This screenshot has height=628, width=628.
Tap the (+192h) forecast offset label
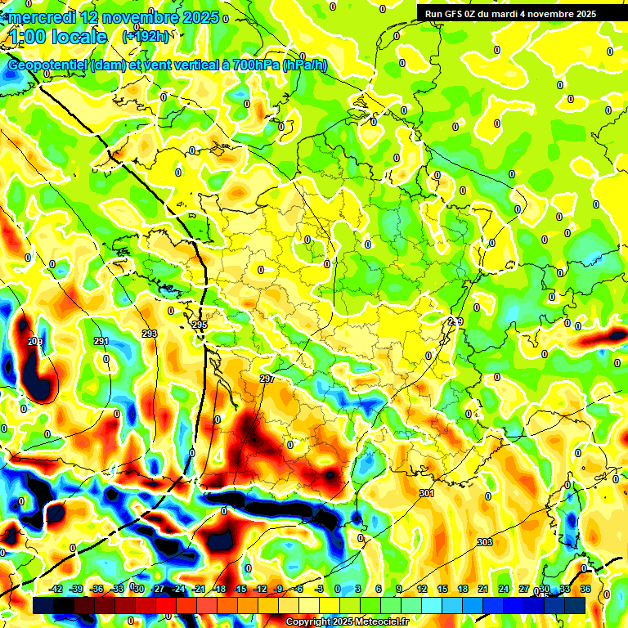146,36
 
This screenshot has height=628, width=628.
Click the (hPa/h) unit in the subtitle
304,65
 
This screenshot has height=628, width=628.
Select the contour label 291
101,341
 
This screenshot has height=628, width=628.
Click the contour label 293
150,334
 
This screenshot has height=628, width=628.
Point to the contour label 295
200,325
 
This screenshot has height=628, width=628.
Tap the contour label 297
267,379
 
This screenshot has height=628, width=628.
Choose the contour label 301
427,493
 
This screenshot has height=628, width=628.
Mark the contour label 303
485,542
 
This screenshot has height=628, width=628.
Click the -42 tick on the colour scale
56,589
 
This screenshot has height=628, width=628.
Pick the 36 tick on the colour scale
585,589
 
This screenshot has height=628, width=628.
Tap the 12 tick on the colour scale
422,589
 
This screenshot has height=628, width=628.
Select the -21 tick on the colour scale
199,589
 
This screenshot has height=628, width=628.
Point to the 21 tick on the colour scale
483,589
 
